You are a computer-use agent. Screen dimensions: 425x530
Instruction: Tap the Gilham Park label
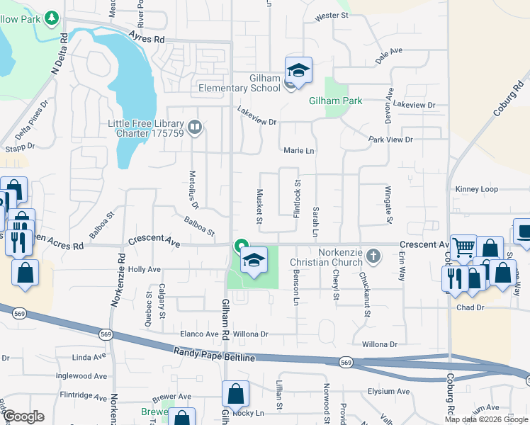(335, 101)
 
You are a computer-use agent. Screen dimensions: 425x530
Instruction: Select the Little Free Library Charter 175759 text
(145, 127)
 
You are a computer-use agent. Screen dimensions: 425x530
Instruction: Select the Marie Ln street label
(298, 151)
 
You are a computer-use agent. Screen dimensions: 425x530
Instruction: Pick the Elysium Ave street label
(388, 391)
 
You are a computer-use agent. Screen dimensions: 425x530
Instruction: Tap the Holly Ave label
(144, 269)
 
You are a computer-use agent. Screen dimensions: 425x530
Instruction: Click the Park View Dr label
(390, 140)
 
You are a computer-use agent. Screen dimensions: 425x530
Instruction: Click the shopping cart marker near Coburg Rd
(463, 249)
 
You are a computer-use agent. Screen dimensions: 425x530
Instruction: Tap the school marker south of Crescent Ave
(254, 260)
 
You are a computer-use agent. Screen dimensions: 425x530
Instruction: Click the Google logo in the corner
(23, 416)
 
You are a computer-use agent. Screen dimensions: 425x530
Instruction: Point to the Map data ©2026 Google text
(486, 419)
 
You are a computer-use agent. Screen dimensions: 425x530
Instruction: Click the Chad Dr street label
(470, 307)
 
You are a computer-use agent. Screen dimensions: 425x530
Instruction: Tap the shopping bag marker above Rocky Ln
(235, 395)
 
